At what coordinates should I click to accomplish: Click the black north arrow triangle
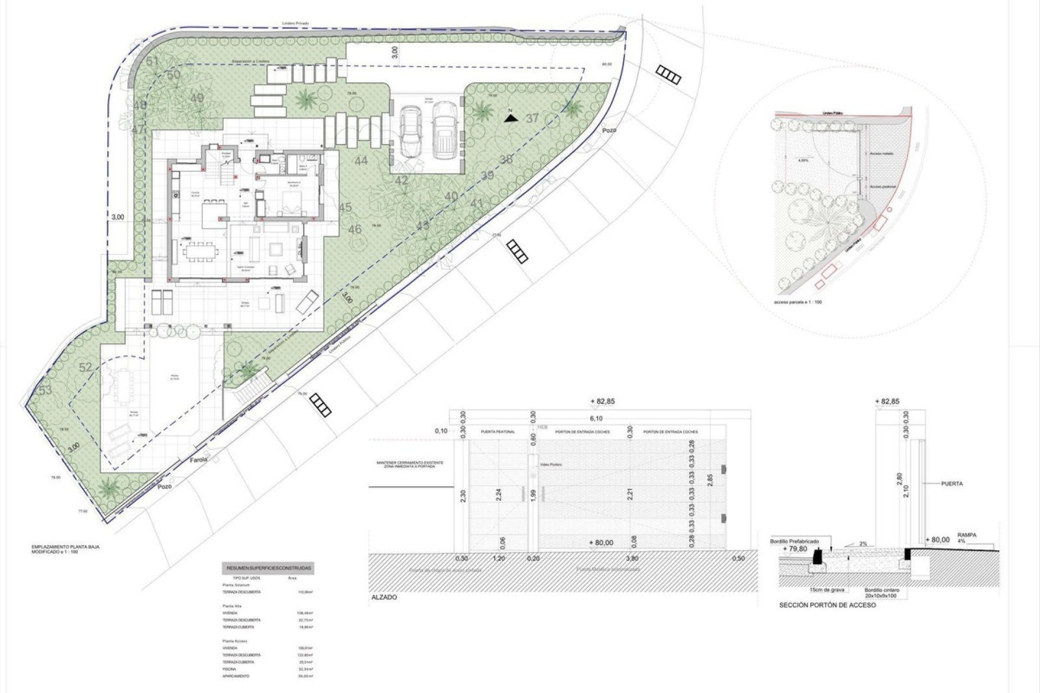coord(509,118)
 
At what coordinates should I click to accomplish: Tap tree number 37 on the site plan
coord(532,118)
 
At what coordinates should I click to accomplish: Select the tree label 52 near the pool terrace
coord(86,368)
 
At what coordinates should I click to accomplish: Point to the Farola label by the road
coord(198,460)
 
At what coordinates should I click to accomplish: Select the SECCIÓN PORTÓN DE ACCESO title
coord(827,605)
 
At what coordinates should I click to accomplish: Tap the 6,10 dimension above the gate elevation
coord(596,419)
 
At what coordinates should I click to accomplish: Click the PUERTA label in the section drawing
coord(952,483)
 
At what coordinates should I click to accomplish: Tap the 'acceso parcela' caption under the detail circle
coord(798,302)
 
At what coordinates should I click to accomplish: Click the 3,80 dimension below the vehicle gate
coord(632,558)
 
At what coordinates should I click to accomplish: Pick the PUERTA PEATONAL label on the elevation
coord(498,432)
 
